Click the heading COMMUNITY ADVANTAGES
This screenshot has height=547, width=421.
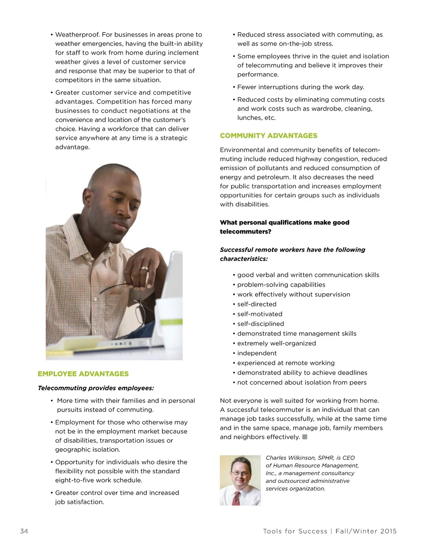(x=268, y=136)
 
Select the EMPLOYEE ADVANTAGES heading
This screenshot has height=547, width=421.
(x=83, y=374)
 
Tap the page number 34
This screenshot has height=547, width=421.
(x=24, y=531)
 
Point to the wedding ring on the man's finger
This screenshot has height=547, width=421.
(x=145, y=269)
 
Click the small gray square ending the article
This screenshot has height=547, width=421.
(x=305, y=437)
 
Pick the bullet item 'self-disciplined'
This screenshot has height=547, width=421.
(x=260, y=324)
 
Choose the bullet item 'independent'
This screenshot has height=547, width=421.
(x=257, y=353)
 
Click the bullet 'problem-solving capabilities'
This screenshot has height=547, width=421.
(x=281, y=285)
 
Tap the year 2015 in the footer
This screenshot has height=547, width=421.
(x=388, y=531)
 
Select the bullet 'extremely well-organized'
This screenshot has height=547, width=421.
(x=276, y=343)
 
